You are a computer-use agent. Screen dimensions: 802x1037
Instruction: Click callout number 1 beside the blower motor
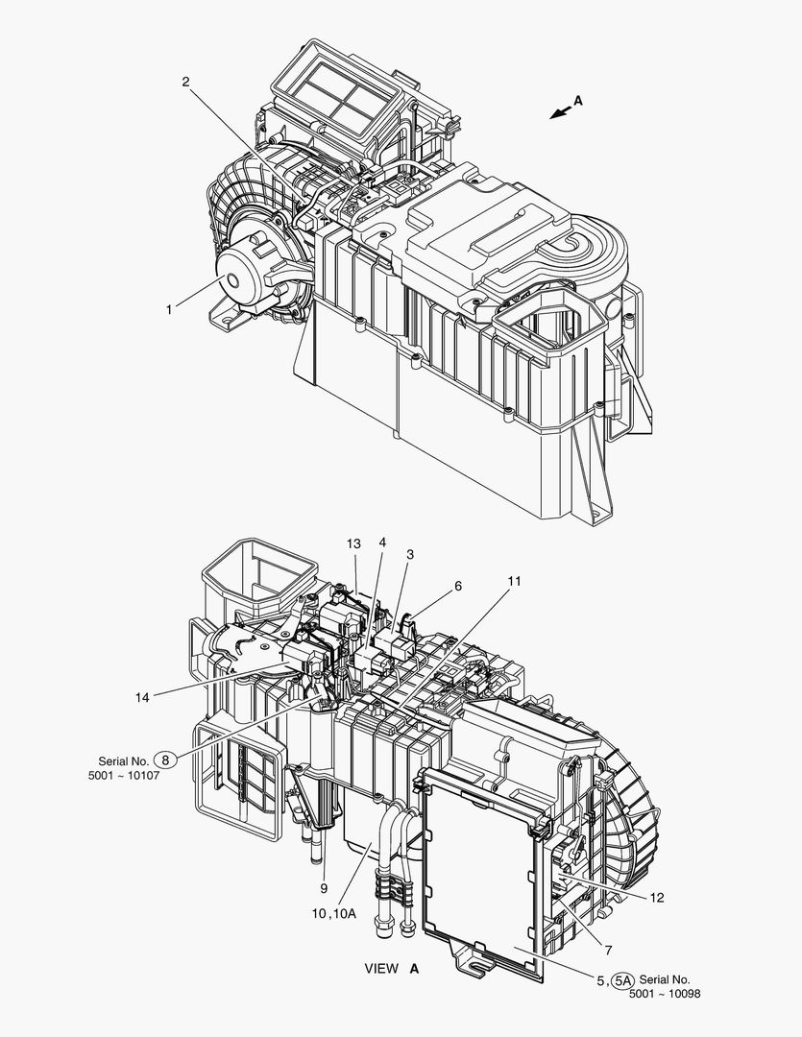(x=169, y=309)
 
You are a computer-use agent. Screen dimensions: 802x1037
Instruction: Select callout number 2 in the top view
(x=186, y=82)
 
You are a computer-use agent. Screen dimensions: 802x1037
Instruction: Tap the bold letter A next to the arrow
(x=577, y=101)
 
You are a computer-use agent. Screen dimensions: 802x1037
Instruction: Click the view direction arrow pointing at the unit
(x=561, y=112)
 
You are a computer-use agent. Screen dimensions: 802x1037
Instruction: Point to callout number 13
(x=354, y=543)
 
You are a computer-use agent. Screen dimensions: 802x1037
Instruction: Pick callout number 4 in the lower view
(x=382, y=543)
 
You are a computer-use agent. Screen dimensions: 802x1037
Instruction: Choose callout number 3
(x=410, y=554)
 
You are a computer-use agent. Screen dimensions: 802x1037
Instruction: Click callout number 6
(x=458, y=586)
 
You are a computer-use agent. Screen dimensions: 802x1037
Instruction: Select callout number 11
(x=514, y=581)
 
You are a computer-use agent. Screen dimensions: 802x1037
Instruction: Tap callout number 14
(x=142, y=697)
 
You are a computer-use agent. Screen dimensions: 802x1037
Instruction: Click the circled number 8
(x=165, y=760)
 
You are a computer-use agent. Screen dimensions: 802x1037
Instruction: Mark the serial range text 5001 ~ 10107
(x=124, y=775)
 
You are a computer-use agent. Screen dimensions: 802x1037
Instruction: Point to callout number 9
(x=325, y=888)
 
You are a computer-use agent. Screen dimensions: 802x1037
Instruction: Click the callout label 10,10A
(x=334, y=913)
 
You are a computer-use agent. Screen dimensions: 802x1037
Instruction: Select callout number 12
(x=656, y=898)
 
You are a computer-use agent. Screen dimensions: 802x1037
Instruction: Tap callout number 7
(x=608, y=951)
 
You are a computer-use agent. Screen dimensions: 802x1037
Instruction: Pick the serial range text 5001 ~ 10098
(x=665, y=994)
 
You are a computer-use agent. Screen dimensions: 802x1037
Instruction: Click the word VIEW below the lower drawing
(x=381, y=968)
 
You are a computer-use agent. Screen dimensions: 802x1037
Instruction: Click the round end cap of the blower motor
(x=235, y=280)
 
